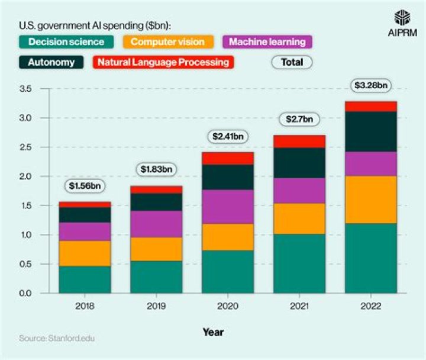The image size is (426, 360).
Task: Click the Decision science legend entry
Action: click(x=66, y=41)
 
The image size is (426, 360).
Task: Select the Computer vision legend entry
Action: click(x=167, y=41)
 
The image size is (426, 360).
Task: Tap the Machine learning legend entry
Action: click(x=267, y=41)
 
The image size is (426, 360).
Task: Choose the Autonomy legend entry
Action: click(x=51, y=62)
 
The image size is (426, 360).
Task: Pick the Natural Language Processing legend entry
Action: click(x=163, y=62)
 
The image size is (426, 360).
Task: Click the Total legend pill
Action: click(x=292, y=62)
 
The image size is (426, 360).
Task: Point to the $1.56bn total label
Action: click(x=85, y=186)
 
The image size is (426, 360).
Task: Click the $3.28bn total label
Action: click(x=371, y=85)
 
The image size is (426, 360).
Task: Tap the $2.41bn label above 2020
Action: click(x=228, y=136)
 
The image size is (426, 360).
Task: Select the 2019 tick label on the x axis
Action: click(x=156, y=307)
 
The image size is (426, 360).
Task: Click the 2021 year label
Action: click(x=299, y=307)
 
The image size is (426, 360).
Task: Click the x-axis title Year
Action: click(x=213, y=332)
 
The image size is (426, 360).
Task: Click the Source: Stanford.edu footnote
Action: click(x=56, y=339)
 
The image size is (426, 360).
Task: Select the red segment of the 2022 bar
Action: click(x=371, y=106)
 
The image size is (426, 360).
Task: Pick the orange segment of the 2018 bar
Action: click(x=85, y=253)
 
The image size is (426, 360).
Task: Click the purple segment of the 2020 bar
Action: click(x=228, y=207)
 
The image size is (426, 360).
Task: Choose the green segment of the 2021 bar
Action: click(x=299, y=263)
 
